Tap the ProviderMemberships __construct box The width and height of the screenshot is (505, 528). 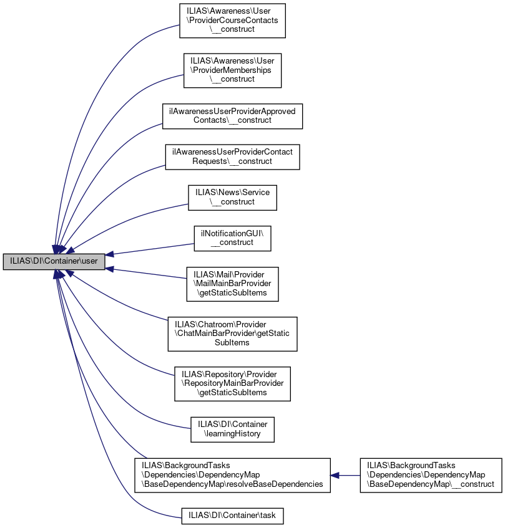tap(232, 70)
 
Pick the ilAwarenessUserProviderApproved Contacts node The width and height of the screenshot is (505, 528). tap(232, 115)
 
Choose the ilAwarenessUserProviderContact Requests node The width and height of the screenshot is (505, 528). tap(232, 156)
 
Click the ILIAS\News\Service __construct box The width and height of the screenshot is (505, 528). tap(232, 197)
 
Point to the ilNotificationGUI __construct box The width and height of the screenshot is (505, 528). tap(232, 238)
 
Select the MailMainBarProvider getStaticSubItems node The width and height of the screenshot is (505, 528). tap(232, 284)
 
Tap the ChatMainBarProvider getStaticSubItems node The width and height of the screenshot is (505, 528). tap(232, 334)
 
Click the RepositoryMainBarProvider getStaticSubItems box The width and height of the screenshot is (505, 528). tap(232, 383)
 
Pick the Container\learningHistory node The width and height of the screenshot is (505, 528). tap(232, 429)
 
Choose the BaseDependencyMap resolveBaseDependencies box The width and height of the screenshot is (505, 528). tap(232, 475)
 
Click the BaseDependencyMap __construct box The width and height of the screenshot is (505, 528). tap(431, 475)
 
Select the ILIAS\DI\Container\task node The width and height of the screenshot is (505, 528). tap(232, 516)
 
